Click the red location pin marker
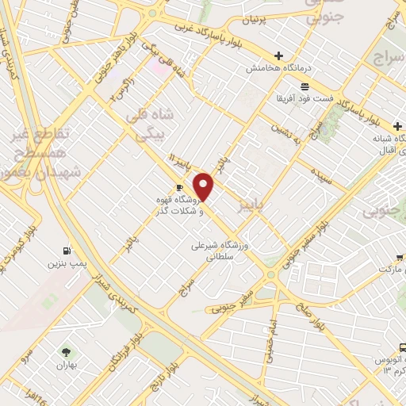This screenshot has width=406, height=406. [x=205, y=186]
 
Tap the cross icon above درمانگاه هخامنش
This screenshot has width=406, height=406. [x=278, y=56]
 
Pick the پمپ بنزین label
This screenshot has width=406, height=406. [x=65, y=261]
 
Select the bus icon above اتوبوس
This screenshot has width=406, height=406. [x=403, y=347]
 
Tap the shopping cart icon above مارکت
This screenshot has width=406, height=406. [x=403, y=257]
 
